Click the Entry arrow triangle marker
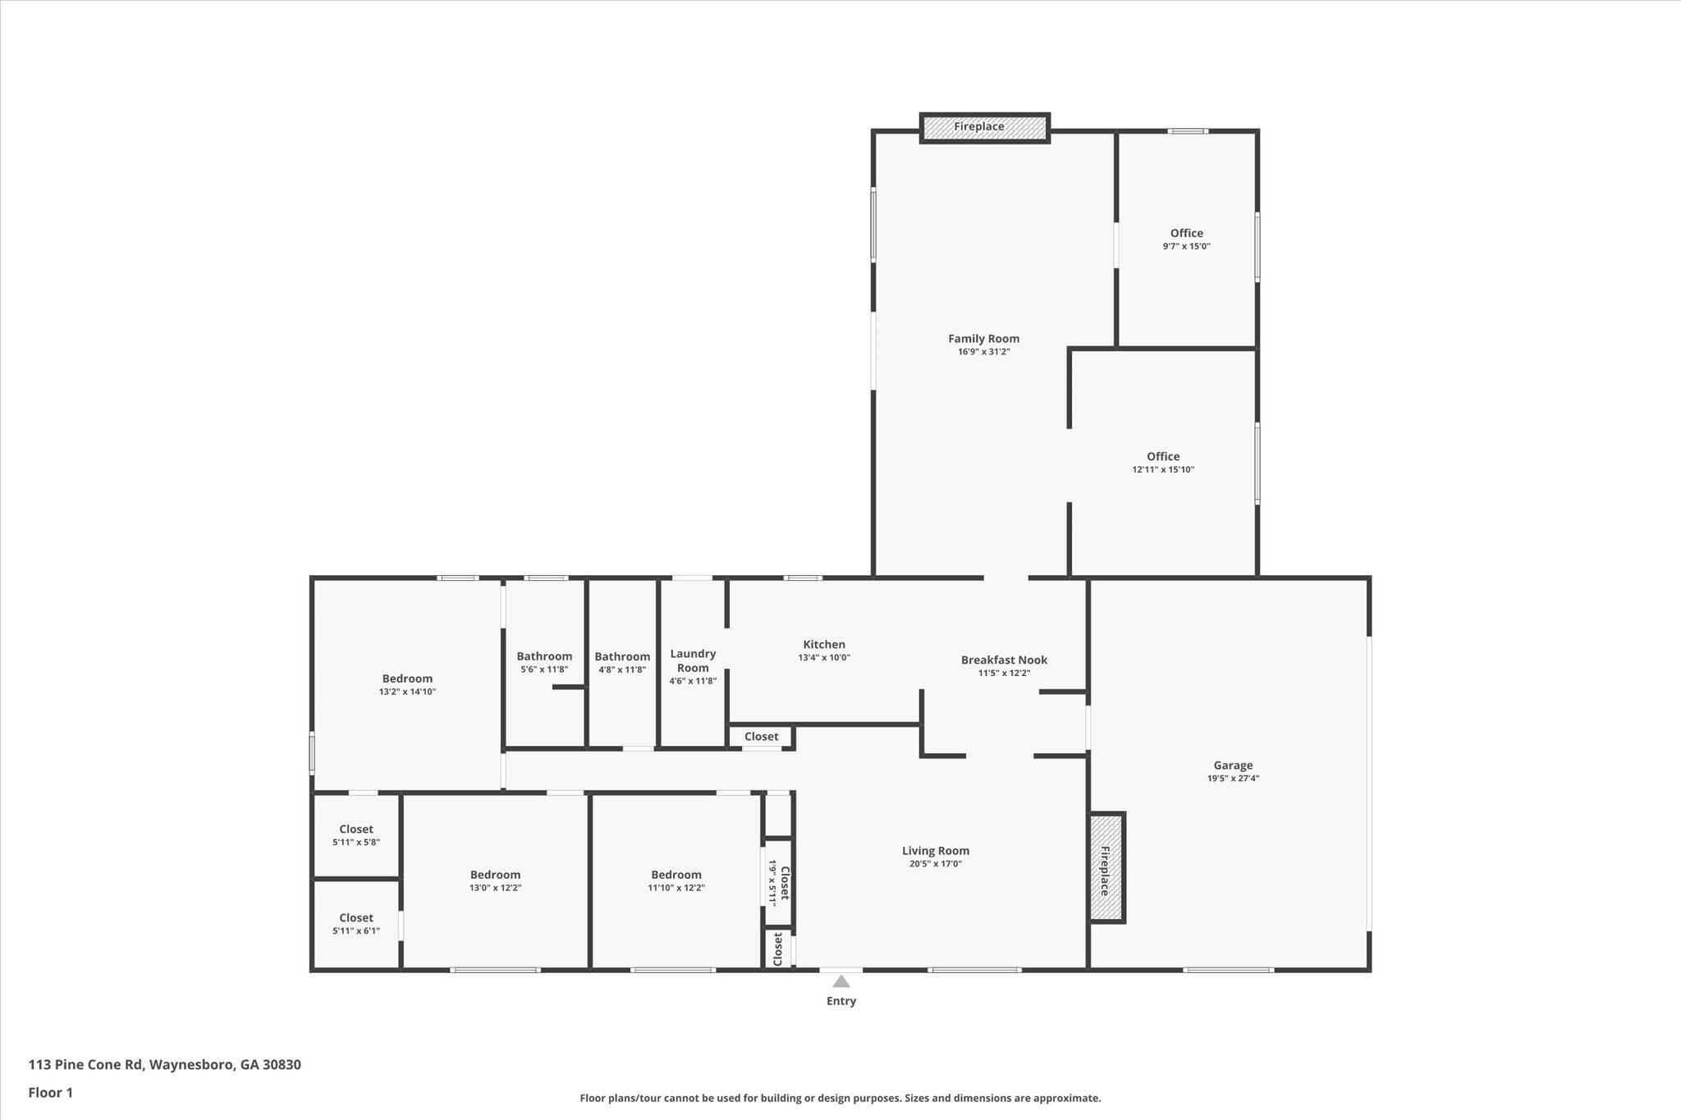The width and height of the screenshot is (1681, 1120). coord(841,981)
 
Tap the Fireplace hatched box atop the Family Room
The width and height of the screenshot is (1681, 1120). coord(984,128)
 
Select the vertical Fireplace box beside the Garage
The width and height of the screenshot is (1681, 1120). coord(1106,867)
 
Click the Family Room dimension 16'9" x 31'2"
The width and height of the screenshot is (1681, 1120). coord(983,352)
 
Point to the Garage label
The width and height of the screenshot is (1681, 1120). coord(1233,766)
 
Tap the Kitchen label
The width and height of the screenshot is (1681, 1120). coord(824,645)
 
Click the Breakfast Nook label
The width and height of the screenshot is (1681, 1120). coord(1004,660)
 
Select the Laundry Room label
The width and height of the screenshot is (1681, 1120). coord(693,661)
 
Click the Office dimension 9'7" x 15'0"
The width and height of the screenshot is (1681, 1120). coord(1186,246)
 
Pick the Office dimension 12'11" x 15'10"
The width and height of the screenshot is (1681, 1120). coord(1163,470)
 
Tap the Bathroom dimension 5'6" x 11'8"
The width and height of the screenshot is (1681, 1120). coord(544,670)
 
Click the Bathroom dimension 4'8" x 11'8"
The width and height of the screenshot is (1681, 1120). coord(622,670)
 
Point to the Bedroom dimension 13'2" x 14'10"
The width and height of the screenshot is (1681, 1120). coord(407,692)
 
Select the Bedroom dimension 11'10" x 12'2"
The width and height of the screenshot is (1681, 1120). coord(676,888)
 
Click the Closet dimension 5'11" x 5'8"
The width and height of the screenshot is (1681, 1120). coord(356,843)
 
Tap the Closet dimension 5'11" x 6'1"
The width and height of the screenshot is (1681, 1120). coord(356,931)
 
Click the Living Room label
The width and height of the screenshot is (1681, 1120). coord(936,851)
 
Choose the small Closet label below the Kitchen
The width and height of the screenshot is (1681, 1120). coord(761,737)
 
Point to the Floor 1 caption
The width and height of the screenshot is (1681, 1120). coord(51,1092)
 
